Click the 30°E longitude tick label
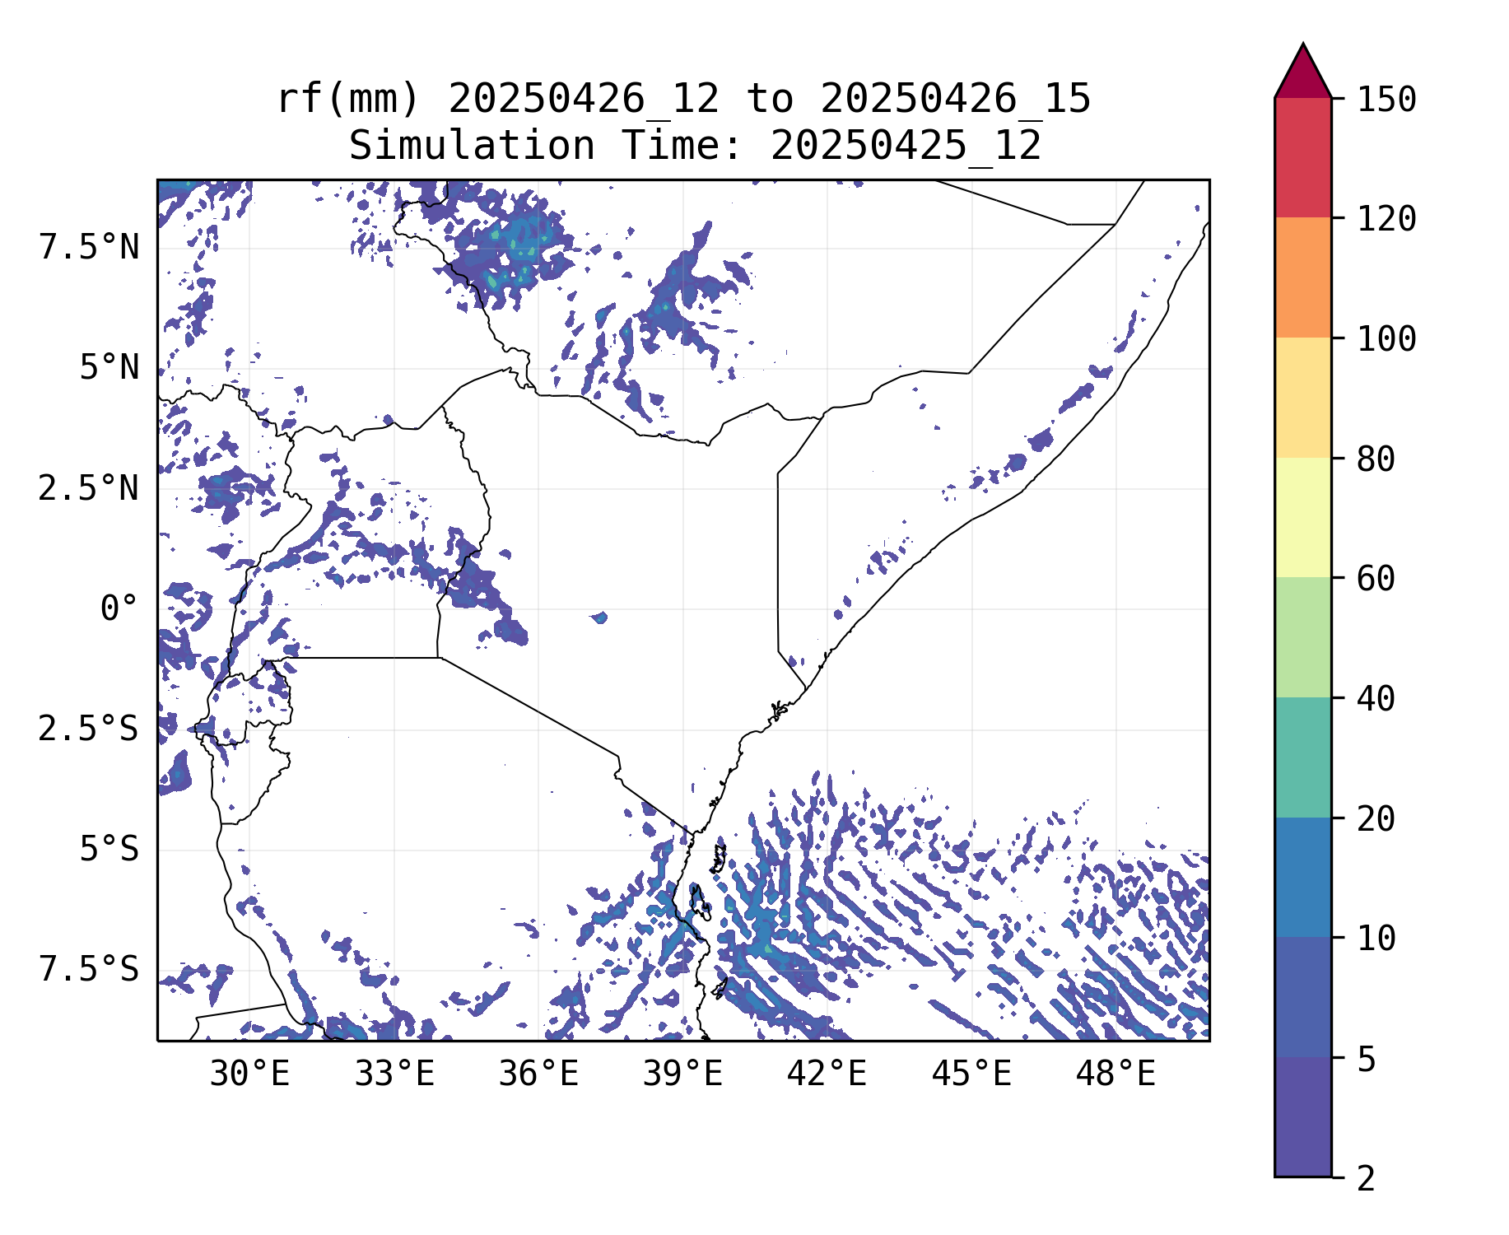coord(249,1074)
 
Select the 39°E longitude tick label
coord(682,1074)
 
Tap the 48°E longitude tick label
coord(1115,1074)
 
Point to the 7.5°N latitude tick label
coord(89,247)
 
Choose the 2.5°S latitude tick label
coord(89,729)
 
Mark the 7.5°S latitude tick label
coord(89,970)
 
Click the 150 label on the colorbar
coord(1386,100)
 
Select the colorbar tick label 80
coord(1376,459)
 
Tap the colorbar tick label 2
coord(1366,1179)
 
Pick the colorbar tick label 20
coord(1376,819)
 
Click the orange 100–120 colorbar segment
coord(1302,277)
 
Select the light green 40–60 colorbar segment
coord(1302,637)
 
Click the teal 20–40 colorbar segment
coord(1302,757)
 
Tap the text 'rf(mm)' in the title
coord(349,99)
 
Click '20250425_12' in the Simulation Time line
coord(906,146)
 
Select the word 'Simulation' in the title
coord(472,146)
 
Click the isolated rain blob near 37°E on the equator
coord(599,617)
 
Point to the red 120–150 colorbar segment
coord(1302,157)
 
